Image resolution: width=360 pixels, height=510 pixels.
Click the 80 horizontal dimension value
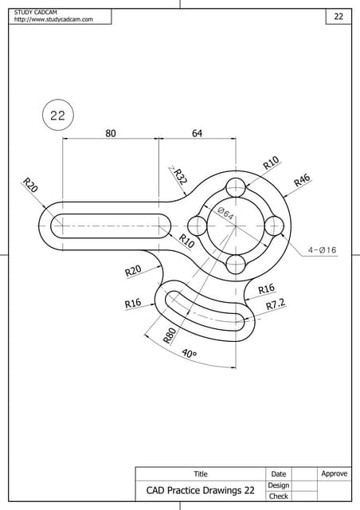(111, 134)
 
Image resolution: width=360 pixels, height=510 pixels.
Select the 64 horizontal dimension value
(197, 134)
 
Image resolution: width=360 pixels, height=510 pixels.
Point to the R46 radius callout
(302, 180)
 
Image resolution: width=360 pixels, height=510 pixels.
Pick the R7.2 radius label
(276, 304)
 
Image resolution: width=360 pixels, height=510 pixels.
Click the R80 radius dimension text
(170, 335)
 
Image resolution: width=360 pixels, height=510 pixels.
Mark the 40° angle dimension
(190, 354)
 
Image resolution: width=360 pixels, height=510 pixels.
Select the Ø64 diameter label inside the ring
(225, 214)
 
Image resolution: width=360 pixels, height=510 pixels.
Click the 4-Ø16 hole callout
(322, 250)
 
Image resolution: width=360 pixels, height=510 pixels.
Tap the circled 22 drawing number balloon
(57, 116)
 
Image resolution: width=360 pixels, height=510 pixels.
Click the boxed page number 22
(338, 17)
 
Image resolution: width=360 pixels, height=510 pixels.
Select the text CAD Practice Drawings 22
(200, 491)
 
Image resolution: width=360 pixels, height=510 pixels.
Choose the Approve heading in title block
(334, 473)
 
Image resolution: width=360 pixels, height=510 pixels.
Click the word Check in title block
(278, 496)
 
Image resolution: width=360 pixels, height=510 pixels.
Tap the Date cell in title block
(278, 474)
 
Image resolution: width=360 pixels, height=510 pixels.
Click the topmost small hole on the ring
(236, 188)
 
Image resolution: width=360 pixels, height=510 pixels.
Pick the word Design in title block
(278, 485)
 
